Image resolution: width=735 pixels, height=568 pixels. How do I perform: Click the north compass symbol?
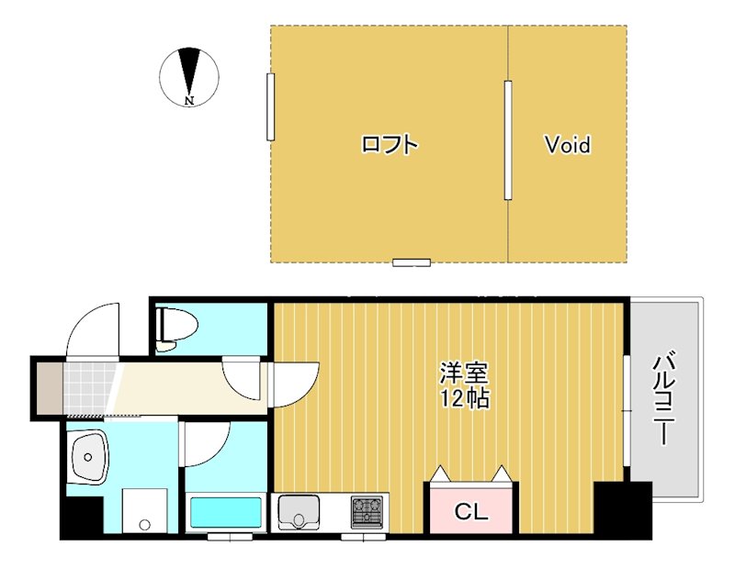(x=189, y=75)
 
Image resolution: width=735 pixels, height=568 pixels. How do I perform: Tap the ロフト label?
(x=390, y=145)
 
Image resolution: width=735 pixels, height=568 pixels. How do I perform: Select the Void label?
(x=567, y=145)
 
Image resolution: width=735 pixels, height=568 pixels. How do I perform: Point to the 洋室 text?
(x=464, y=373)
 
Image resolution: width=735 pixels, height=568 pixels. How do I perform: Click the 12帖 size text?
(x=464, y=399)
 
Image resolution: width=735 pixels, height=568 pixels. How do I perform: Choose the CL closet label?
(x=471, y=512)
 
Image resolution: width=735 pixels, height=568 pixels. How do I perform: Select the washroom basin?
(x=89, y=457)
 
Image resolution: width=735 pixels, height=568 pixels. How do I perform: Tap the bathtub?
(x=226, y=511)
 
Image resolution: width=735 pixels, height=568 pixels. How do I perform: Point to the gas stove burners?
(x=367, y=510)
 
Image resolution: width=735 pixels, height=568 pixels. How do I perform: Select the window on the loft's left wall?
(x=271, y=106)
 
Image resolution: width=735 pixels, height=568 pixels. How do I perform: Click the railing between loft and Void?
(x=507, y=139)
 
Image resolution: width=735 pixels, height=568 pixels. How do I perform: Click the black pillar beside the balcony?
(x=622, y=509)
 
